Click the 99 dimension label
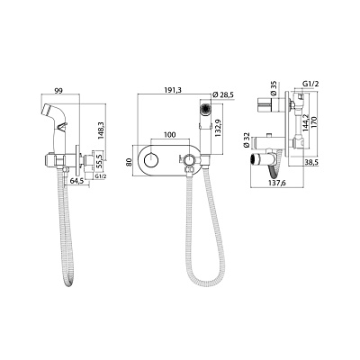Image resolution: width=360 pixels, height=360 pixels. [58, 91]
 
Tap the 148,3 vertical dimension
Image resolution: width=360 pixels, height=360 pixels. [101, 130]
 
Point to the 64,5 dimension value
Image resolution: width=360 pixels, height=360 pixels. [76, 181]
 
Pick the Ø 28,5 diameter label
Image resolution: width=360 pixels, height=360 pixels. [223, 95]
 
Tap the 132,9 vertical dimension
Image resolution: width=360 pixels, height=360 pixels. [218, 128]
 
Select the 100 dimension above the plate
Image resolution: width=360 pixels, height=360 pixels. [170, 135]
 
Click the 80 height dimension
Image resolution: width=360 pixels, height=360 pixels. [129, 162]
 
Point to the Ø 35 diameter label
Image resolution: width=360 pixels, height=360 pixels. [274, 89]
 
